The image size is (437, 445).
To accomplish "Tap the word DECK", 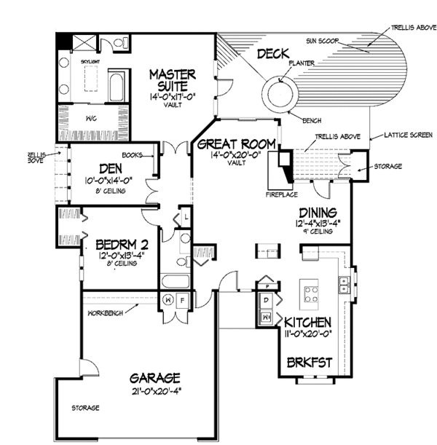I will click(x=273, y=54).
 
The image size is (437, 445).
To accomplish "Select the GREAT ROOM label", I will click(x=235, y=146).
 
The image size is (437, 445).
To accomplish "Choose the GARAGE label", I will click(x=155, y=378).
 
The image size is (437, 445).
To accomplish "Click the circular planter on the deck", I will click(x=281, y=95).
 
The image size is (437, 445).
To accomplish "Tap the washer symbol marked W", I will click(x=168, y=299).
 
